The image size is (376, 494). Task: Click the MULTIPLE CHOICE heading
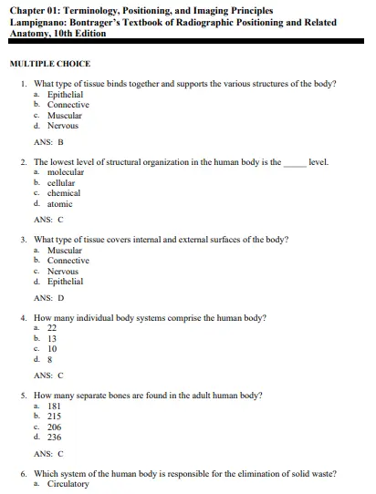coord(51,64)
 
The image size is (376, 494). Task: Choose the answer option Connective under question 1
coord(68,105)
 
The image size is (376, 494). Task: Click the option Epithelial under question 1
coord(66,94)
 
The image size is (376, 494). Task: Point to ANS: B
coord(48,142)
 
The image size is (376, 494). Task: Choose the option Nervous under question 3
coord(64,272)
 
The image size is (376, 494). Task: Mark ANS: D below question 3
coord(48,298)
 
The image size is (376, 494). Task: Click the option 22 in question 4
coord(53,327)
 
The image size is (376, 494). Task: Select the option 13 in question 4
coord(53,338)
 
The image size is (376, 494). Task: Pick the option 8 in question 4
coord(51,360)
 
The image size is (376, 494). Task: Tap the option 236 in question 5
coord(55,437)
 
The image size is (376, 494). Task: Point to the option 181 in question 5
coord(54,406)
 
